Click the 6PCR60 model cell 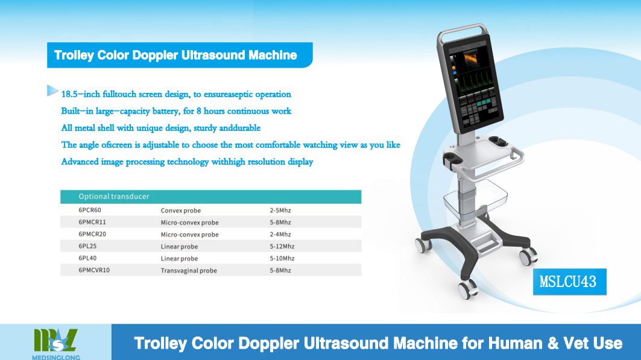click(x=90, y=210)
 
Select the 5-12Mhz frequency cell click(x=282, y=247)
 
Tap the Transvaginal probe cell click(x=189, y=271)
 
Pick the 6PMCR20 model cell click(x=92, y=234)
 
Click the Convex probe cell click(x=181, y=210)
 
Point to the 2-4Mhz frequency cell click(x=280, y=234)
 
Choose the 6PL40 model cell click(x=87, y=258)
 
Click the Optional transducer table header click(x=114, y=197)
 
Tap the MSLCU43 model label click(x=569, y=282)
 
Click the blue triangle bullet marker click(x=52, y=90)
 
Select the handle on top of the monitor click(x=463, y=31)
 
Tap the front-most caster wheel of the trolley click(x=468, y=289)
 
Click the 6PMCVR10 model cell click(x=94, y=270)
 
